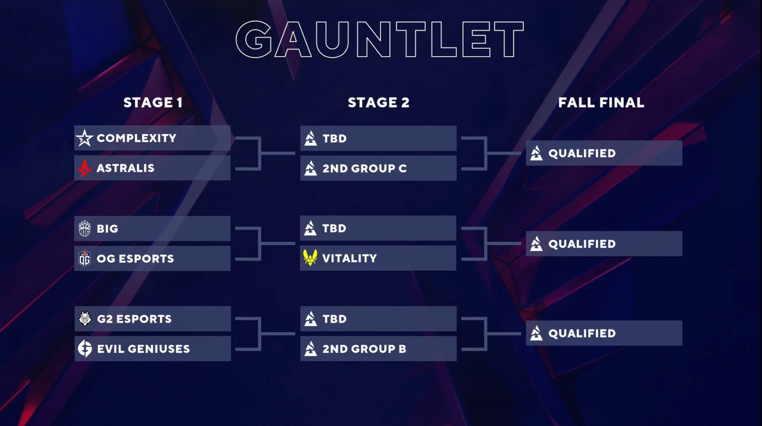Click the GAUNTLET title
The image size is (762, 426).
379,39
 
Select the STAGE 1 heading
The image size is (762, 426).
153,103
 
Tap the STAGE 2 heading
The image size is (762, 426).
379,103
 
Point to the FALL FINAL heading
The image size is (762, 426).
601,103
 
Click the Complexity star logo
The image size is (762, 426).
84,138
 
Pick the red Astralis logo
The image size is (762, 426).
84,168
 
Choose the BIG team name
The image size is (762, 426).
107,229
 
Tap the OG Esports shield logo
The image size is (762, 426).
84,258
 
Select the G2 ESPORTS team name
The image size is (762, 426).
134,319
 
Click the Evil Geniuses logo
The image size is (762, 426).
85,348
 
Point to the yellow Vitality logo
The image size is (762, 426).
310,258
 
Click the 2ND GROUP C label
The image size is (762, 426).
365,168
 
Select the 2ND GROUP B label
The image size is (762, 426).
364,349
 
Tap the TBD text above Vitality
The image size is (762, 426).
334,228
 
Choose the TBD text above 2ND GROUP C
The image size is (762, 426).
335,139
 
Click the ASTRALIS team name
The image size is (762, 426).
126,168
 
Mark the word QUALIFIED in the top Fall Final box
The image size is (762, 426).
582,153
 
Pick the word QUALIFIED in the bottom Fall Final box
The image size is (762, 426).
582,333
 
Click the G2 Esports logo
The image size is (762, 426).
85,319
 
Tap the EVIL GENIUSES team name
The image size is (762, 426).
143,349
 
